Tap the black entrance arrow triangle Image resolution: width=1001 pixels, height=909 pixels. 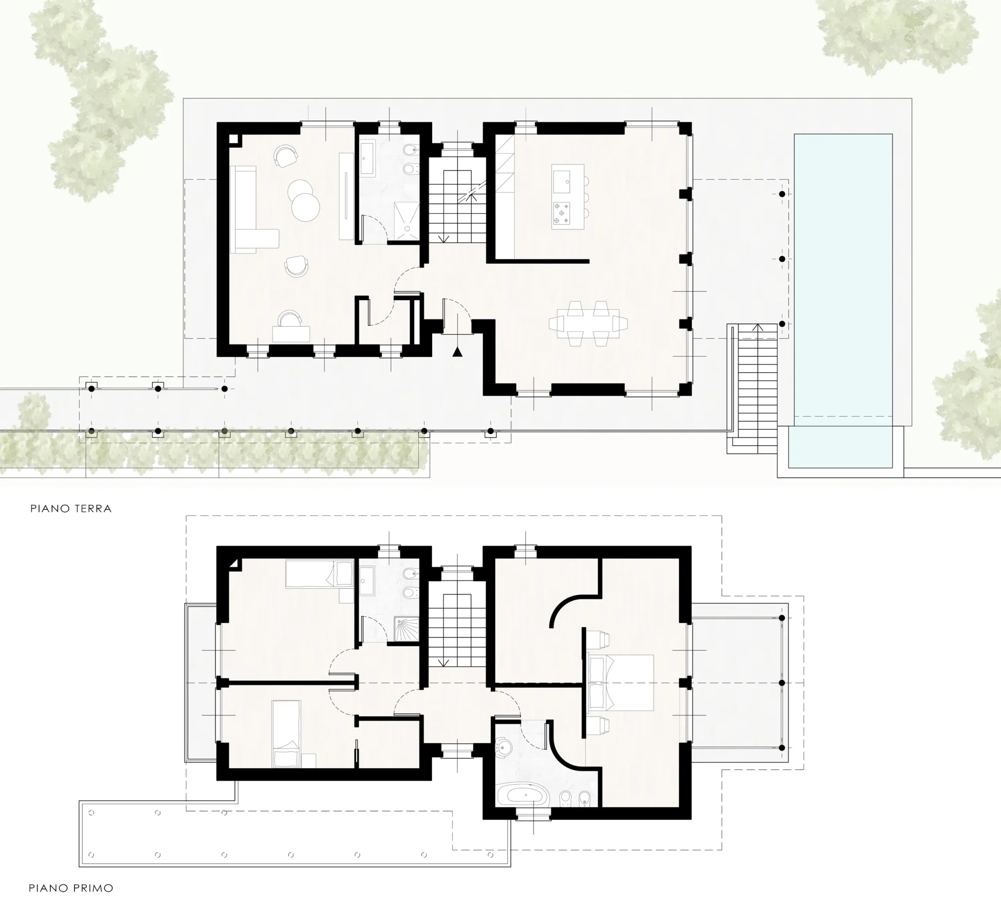(457, 352)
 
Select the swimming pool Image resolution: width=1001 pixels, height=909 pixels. (843, 301)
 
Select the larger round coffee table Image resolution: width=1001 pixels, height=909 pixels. (306, 207)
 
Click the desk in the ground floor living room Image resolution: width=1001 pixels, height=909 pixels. (291, 333)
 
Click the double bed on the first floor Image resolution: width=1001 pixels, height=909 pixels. (620, 683)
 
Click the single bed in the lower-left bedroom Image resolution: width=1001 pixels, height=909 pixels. (287, 734)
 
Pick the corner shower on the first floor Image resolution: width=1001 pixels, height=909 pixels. (406, 629)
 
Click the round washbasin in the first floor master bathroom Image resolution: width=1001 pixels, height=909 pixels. (504, 747)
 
